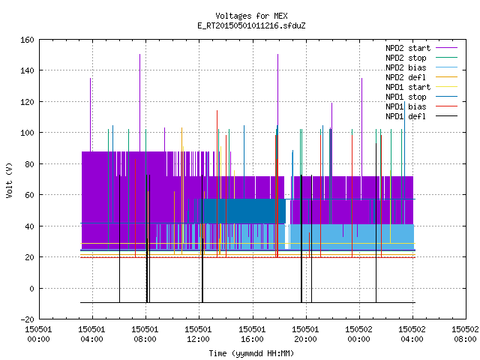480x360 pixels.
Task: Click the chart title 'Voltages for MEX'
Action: tap(251, 16)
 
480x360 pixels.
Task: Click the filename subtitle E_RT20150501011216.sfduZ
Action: tap(251, 25)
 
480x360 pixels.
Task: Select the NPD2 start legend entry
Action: tap(421, 48)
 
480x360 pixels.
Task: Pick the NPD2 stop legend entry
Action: tap(421, 58)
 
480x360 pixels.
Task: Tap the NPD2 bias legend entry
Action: tap(421, 67)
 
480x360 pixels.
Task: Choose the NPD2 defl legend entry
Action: tap(421, 77)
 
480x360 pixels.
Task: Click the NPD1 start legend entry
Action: tap(421, 87)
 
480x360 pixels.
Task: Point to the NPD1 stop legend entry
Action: tap(421, 97)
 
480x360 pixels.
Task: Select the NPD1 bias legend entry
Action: tap(421, 106)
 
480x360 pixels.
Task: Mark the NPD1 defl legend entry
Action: tap(421, 117)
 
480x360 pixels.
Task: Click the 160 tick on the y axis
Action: tap(27, 40)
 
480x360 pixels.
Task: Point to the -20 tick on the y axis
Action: tap(27, 319)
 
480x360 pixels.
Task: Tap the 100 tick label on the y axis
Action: tap(27, 133)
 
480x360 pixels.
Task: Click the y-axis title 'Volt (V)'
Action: tap(10, 180)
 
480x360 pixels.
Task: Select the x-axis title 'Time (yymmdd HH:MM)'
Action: tap(251, 353)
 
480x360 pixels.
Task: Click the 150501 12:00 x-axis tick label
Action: tap(198, 334)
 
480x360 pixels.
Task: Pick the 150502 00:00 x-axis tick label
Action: tap(358, 334)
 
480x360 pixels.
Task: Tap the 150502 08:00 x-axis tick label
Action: tap(465, 334)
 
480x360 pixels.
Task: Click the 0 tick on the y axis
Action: tap(31, 289)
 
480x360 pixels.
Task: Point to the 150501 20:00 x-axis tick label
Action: tap(305, 334)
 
